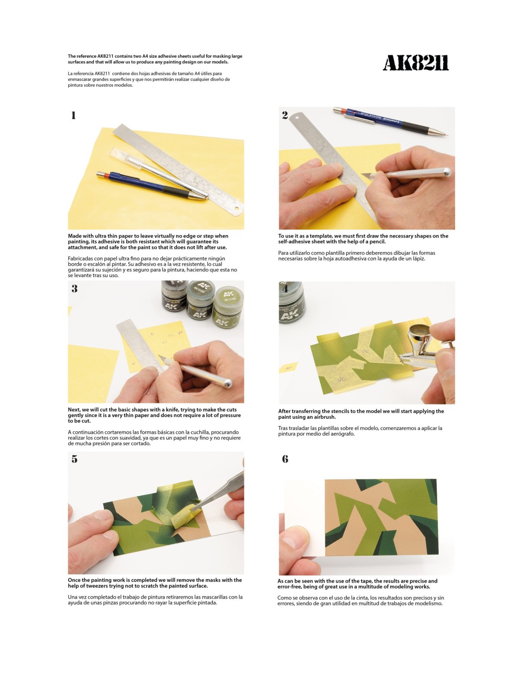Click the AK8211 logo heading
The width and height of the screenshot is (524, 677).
pos(415,63)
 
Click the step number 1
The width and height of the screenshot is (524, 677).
pos(73,115)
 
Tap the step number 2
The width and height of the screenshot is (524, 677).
pos(285,115)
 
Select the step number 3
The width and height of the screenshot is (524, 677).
pos(74,289)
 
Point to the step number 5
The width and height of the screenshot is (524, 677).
pos(74,459)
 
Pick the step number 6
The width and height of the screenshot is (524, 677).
pos(285,459)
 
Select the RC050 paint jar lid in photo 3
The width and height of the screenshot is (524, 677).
pos(202,289)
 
